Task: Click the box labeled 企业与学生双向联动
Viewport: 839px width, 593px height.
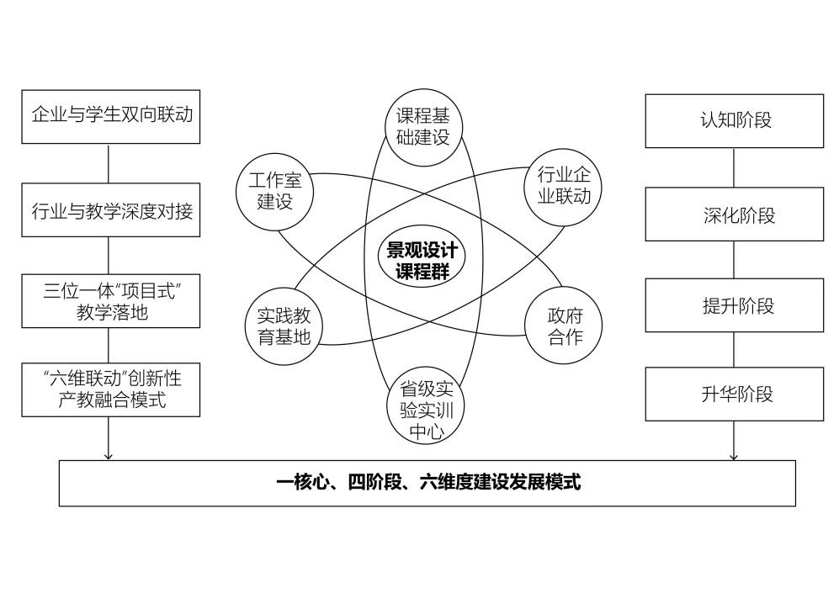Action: click(111, 117)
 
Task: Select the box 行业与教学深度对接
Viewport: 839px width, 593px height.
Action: click(111, 210)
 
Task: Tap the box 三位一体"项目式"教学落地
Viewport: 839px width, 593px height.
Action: click(111, 301)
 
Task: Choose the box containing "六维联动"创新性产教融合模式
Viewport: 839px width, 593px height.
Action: click(111, 389)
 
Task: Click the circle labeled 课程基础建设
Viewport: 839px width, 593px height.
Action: click(424, 127)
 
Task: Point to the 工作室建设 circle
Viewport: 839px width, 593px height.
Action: click(274, 192)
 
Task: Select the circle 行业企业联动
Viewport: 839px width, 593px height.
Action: click(563, 187)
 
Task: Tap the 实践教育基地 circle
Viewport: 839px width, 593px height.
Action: click(284, 326)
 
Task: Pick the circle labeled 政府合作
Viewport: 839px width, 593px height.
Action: click(564, 326)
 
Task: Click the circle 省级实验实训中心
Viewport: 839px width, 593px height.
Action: click(425, 405)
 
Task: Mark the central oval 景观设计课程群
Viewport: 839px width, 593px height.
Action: click(422, 256)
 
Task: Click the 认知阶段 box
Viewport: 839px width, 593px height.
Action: click(735, 121)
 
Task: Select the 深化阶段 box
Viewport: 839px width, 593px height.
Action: click(735, 214)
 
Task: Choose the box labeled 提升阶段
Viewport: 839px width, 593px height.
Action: click(735, 304)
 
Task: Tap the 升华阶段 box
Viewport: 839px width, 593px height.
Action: click(735, 394)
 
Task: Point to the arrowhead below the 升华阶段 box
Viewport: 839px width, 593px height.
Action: click(734, 457)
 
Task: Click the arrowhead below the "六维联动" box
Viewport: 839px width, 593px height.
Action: click(109, 456)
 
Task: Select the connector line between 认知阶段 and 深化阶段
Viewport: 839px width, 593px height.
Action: click(734, 168)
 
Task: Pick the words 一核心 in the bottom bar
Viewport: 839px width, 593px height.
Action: click(302, 482)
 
